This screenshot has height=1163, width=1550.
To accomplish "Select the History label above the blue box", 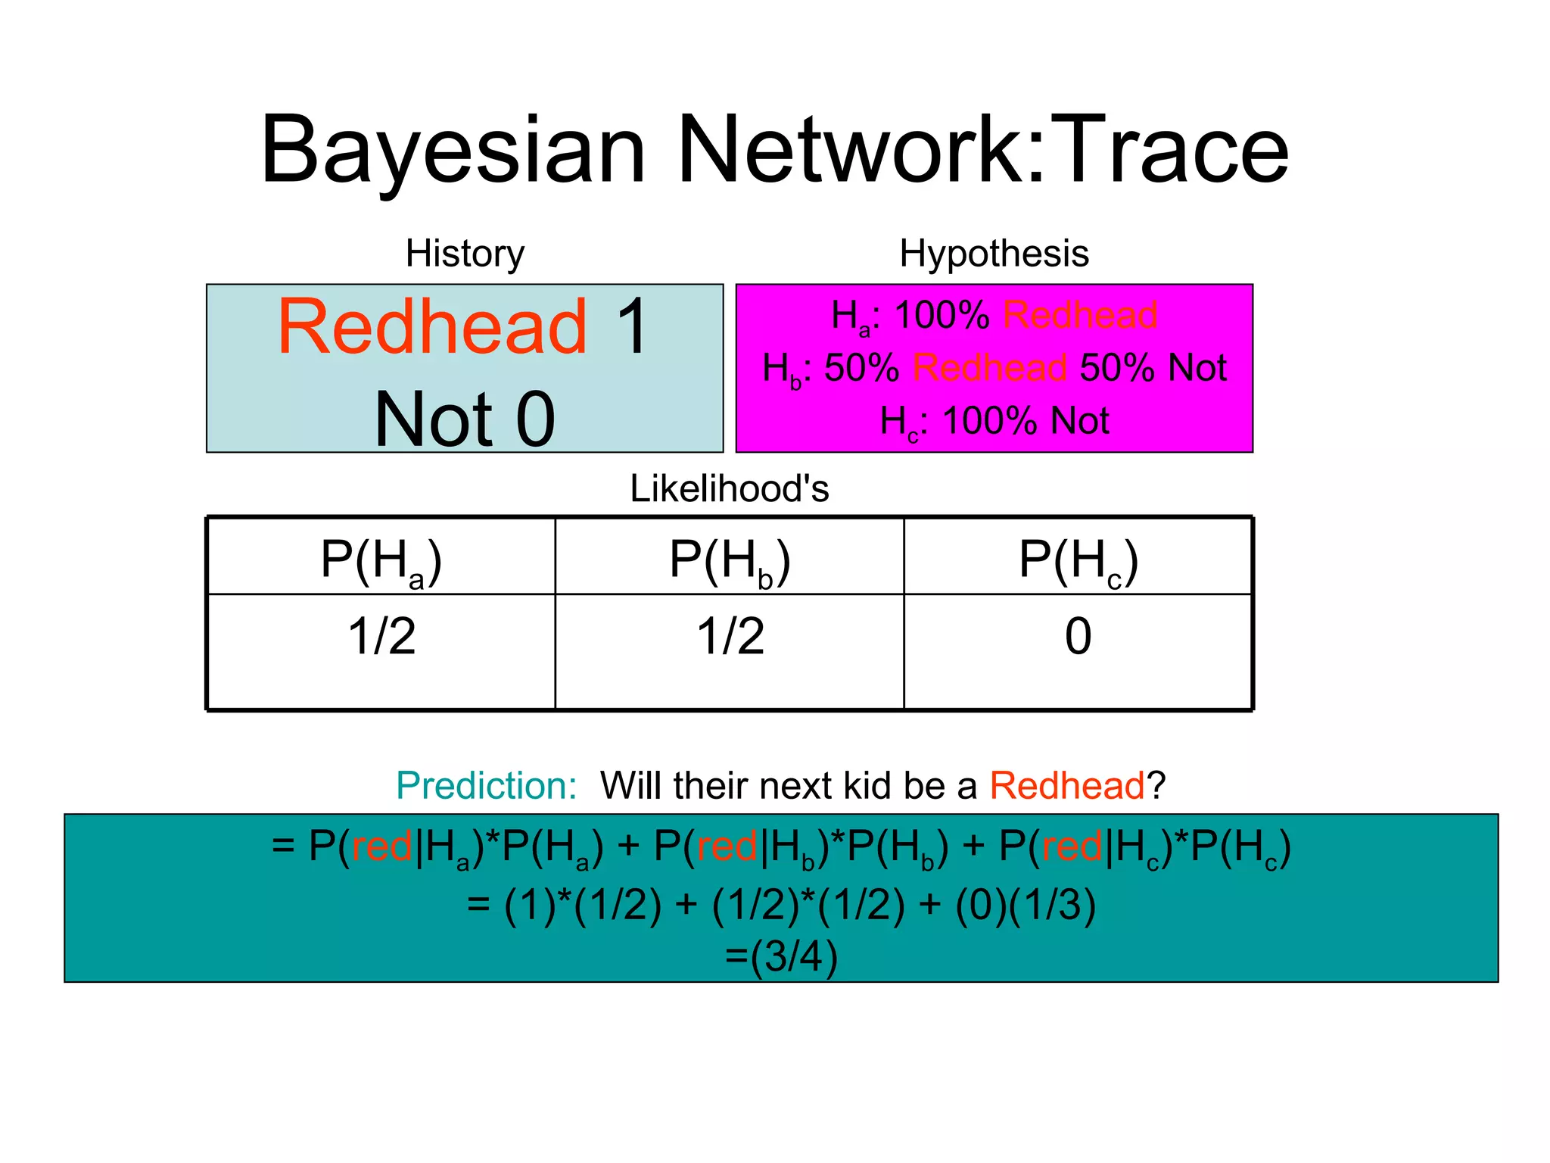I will click(465, 253).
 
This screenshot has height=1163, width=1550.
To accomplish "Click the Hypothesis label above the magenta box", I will click(994, 253).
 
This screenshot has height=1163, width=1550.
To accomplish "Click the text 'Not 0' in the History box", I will click(465, 419).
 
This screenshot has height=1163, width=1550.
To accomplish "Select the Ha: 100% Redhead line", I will click(994, 316).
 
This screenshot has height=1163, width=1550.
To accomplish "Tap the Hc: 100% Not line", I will click(994, 421).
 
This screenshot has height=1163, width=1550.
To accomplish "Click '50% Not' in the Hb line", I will click(1153, 368).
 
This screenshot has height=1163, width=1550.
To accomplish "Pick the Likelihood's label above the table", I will click(730, 488).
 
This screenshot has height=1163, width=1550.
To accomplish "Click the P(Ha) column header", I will click(381, 561).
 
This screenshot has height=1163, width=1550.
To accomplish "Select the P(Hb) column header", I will click(730, 561).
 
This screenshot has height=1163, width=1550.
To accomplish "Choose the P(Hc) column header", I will click(1078, 561).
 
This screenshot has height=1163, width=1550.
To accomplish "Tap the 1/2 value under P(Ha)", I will click(381, 636).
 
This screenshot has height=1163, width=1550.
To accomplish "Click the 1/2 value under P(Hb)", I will click(730, 636).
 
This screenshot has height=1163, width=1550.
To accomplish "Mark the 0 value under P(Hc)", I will click(1078, 636).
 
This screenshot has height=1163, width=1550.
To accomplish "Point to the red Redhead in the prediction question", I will click(1067, 785).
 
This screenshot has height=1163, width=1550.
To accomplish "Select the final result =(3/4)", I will click(781, 956).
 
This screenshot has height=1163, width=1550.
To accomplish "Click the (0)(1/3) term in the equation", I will click(1026, 905).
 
